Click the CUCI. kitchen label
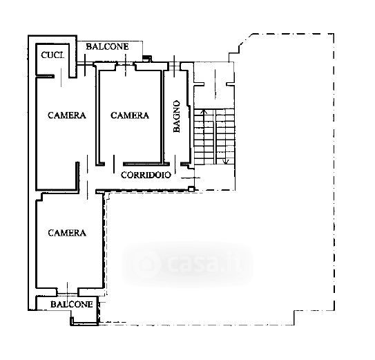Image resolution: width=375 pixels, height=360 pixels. tap(53, 55)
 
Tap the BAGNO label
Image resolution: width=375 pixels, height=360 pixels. tap(177, 116)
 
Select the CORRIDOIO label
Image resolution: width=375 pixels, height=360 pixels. tap(146, 175)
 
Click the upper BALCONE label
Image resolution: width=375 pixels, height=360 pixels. tap(107, 46)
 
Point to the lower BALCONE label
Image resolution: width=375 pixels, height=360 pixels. tap(72, 304)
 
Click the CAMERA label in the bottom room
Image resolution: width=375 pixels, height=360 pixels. tap(67, 233)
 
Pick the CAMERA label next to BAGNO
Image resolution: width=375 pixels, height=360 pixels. tap(130, 115)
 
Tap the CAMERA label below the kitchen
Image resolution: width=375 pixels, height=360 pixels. tap(67, 115)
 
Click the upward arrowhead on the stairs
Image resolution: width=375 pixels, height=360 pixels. tap(204, 111)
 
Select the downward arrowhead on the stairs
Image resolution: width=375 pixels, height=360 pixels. tap(226, 162)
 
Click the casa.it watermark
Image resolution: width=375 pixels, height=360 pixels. tap(188, 264)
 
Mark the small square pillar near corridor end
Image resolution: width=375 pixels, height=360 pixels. tap(191, 189)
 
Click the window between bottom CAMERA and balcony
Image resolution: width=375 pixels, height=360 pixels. tap(68, 292)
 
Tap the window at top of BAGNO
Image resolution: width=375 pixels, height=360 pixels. tap(174, 66)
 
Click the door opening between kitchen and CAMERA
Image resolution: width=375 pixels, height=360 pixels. tap(61, 77)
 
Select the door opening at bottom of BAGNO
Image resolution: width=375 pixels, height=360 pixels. tap(175, 164)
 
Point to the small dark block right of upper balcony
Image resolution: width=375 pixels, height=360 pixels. tap(147, 57)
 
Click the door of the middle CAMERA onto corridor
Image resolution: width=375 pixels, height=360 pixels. tap(114, 164)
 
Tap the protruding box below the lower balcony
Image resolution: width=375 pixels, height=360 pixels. tap(84, 318)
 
